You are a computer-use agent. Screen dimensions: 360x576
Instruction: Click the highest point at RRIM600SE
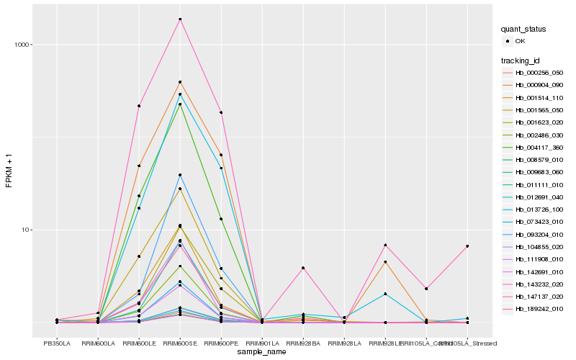pyautogui.click(x=180, y=19)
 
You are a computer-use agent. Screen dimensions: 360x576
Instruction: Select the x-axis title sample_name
pyautogui.click(x=261, y=351)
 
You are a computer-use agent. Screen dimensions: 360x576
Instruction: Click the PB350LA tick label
pyautogui.click(x=56, y=343)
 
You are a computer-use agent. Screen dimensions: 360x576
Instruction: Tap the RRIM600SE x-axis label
pyautogui.click(x=180, y=343)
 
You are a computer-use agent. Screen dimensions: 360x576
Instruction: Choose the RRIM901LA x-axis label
pyautogui.click(x=262, y=343)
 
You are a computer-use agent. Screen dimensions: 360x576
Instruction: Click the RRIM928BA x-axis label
pyautogui.click(x=303, y=343)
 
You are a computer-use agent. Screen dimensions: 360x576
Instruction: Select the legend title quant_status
pyautogui.click(x=523, y=29)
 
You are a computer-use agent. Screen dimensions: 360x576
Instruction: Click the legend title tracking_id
pyautogui.click(x=522, y=60)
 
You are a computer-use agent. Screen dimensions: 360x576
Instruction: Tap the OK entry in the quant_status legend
pyautogui.click(x=520, y=41)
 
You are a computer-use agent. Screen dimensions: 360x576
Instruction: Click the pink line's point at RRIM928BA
pyautogui.click(x=303, y=268)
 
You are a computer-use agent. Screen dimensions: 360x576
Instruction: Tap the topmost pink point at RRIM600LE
pyautogui.click(x=139, y=106)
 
